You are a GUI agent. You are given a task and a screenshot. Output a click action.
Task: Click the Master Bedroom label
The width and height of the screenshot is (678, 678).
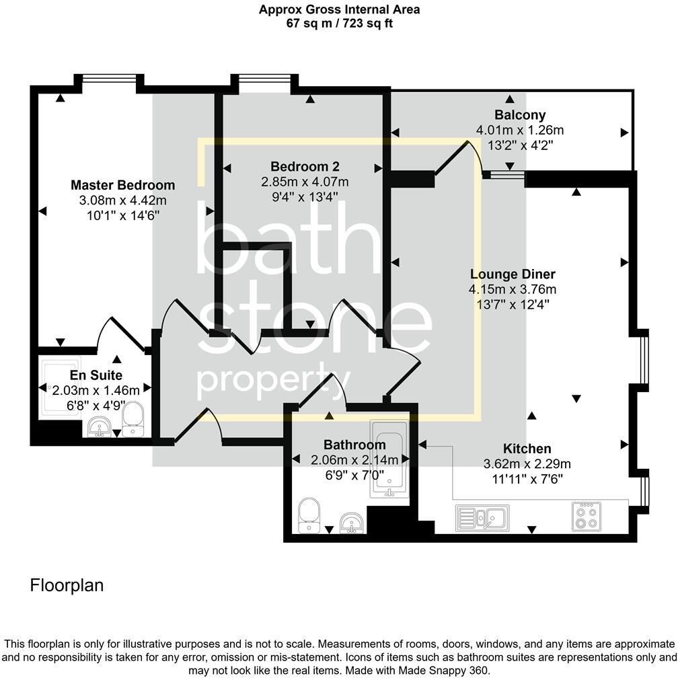point(122,185)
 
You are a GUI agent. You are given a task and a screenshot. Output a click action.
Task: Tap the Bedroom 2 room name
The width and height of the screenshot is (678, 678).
point(305,166)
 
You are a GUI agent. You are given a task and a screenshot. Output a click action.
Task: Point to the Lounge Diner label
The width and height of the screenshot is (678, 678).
point(513,274)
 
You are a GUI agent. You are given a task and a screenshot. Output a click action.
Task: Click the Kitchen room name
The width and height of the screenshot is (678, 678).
point(527,449)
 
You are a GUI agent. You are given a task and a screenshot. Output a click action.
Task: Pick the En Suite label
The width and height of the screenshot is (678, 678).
point(96,375)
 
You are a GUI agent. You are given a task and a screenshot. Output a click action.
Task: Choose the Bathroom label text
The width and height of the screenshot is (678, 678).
point(354,445)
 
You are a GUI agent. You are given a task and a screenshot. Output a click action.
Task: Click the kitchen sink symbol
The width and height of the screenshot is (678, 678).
point(482,517)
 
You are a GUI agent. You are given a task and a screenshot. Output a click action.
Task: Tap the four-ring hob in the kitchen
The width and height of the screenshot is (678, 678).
point(586,515)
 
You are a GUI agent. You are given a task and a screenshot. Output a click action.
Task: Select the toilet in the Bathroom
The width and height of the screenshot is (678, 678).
point(311,514)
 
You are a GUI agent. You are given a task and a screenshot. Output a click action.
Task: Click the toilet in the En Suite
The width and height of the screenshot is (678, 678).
point(133,419)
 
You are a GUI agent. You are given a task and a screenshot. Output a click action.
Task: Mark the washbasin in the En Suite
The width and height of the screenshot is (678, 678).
point(100,426)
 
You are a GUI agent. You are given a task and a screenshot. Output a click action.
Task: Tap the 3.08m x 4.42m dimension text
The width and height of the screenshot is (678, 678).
point(122,200)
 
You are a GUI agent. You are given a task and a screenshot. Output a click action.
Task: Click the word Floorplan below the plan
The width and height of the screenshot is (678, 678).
point(67,585)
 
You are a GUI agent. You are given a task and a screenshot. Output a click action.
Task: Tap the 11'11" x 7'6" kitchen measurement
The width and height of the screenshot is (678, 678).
point(527,478)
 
